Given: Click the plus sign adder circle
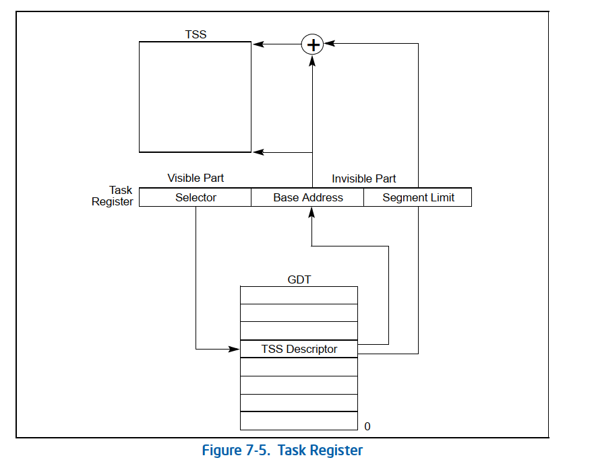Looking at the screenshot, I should [312, 44].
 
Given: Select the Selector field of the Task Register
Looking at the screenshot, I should [196, 197].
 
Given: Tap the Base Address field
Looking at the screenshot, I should [307, 197].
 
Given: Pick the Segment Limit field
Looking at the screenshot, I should [418, 197].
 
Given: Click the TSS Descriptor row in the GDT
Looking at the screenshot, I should [299, 349].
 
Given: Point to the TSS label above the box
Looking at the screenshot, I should [196, 34].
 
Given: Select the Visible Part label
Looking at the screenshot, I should [196, 178].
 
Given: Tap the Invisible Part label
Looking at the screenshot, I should [363, 178].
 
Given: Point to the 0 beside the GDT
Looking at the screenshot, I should [367, 426].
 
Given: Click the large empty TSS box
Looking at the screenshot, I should [195, 97].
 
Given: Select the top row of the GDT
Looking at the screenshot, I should [299, 295].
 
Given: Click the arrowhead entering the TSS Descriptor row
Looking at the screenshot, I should [235, 349].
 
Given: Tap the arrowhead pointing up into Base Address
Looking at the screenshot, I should [311, 212].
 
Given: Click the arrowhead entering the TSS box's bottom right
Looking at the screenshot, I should [257, 152].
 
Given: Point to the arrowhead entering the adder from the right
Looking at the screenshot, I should [330, 44].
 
